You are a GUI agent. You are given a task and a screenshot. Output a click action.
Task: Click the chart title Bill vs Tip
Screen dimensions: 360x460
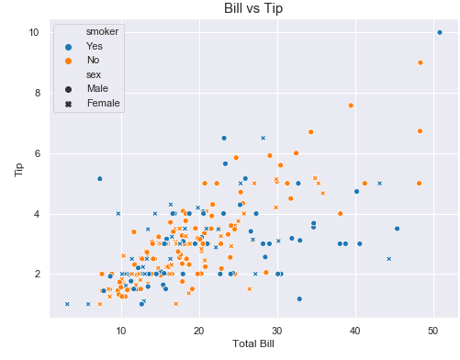pyautogui.click(x=254, y=8)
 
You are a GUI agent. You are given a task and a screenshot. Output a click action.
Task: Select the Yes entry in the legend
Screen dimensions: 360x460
pyautogui.click(x=95, y=45)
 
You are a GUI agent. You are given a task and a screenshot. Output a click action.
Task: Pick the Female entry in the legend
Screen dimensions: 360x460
pyautogui.click(x=103, y=104)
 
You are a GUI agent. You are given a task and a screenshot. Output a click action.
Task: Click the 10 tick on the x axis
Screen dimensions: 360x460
pyautogui.click(x=120, y=328)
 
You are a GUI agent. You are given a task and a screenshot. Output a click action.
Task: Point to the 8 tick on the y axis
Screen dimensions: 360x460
pyautogui.click(x=34, y=93)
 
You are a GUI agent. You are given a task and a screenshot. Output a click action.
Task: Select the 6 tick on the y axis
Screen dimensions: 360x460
pyautogui.click(x=34, y=153)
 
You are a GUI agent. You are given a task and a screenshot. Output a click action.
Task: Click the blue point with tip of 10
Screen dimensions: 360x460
pyautogui.click(x=439, y=32)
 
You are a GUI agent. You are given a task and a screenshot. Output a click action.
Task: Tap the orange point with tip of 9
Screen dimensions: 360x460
pyautogui.click(x=421, y=62)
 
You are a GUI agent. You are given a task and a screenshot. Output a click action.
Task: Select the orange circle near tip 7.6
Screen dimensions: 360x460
pyautogui.click(x=351, y=106)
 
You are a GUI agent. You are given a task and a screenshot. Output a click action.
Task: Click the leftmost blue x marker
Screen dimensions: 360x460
pyautogui.click(x=67, y=304)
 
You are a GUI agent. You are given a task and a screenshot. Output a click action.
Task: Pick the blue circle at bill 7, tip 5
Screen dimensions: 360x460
pyautogui.click(x=99, y=178)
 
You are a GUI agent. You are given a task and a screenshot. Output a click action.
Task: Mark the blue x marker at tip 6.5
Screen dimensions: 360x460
pyautogui.click(x=263, y=138)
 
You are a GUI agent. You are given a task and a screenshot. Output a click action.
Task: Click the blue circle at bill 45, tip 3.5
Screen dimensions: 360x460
pyautogui.click(x=397, y=229)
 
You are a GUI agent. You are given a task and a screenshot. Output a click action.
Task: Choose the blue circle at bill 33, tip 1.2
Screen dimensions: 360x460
pyautogui.click(x=299, y=298)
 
